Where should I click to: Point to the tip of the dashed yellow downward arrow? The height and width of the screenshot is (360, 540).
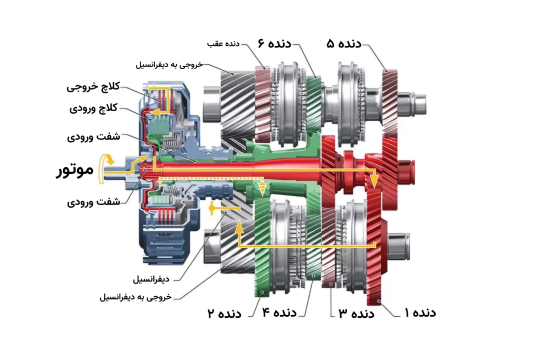(x=263, y=197)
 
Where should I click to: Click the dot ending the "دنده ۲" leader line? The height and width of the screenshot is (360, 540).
(x=263, y=292)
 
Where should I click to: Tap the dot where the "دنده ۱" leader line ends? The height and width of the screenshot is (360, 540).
(x=379, y=301)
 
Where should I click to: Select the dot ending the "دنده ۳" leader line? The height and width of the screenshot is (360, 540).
(x=331, y=284)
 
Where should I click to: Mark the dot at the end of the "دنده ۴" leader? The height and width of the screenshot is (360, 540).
(x=313, y=276)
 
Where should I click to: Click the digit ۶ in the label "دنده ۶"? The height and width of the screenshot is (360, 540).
(x=261, y=43)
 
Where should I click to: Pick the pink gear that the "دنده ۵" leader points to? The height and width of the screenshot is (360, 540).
(x=390, y=103)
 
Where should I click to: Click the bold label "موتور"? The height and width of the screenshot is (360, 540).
(x=75, y=170)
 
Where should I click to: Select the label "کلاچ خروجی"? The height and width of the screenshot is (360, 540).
(x=93, y=87)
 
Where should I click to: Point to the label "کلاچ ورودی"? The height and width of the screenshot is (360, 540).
(x=93, y=109)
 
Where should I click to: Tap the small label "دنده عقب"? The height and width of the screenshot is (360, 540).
(x=223, y=44)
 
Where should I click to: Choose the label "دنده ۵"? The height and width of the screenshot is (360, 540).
(x=344, y=44)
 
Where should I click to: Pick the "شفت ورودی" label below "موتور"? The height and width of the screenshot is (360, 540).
(x=93, y=202)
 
